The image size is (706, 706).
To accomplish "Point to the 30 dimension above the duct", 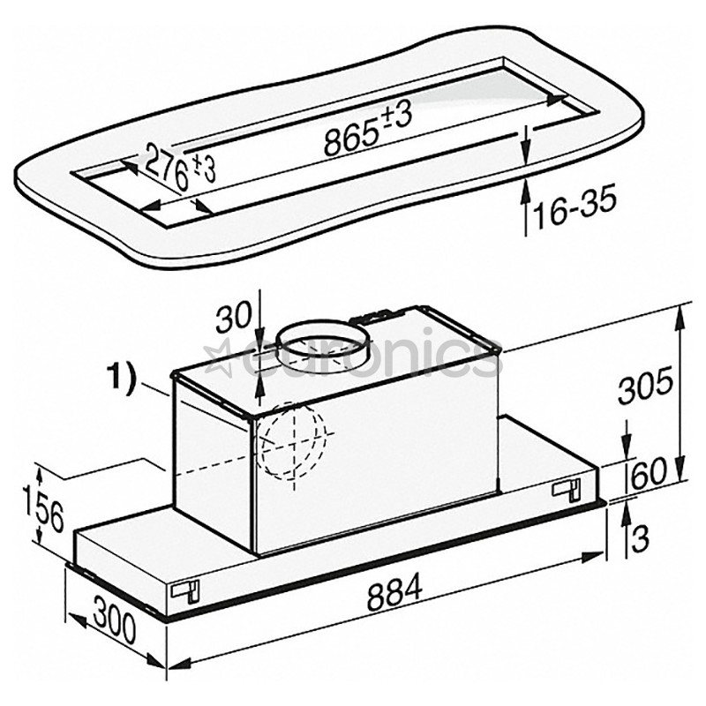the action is pos(234,317).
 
